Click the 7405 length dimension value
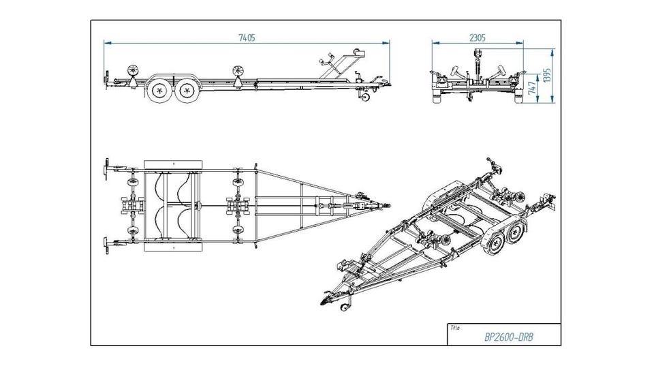pyautogui.click(x=247, y=38)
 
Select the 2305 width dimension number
pyautogui.click(x=478, y=38)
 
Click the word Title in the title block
pyautogui.click(x=454, y=328)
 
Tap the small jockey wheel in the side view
pyautogui.click(x=366, y=96)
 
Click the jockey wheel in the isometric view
pyautogui.click(x=345, y=307)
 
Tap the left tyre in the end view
pyautogui.click(x=438, y=97)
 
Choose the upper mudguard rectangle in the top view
pyautogui.click(x=174, y=166)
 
